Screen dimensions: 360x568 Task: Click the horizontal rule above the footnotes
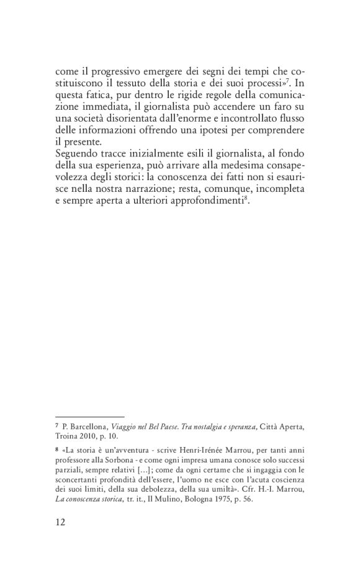click(x=89, y=415)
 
